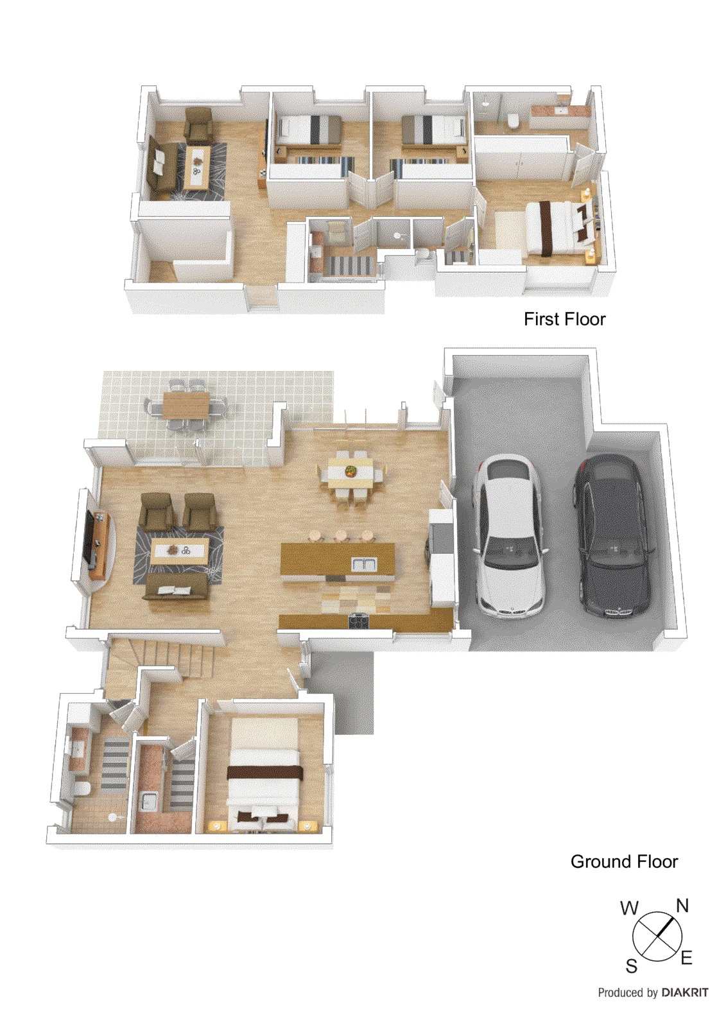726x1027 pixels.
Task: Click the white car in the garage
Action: pyautogui.click(x=509, y=535)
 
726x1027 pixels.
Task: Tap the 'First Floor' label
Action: pyautogui.click(x=564, y=319)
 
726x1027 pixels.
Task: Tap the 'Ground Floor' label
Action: pyautogui.click(x=624, y=861)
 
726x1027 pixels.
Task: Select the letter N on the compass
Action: pyautogui.click(x=682, y=906)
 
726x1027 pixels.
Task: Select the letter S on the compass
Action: pyautogui.click(x=632, y=966)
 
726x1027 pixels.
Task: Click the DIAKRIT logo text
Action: pyautogui.click(x=685, y=992)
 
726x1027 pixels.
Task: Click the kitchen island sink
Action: pyautogui.click(x=364, y=564)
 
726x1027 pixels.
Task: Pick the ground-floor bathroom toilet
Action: pyautogui.click(x=82, y=788)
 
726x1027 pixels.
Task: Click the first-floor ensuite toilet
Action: pyautogui.click(x=513, y=121)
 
